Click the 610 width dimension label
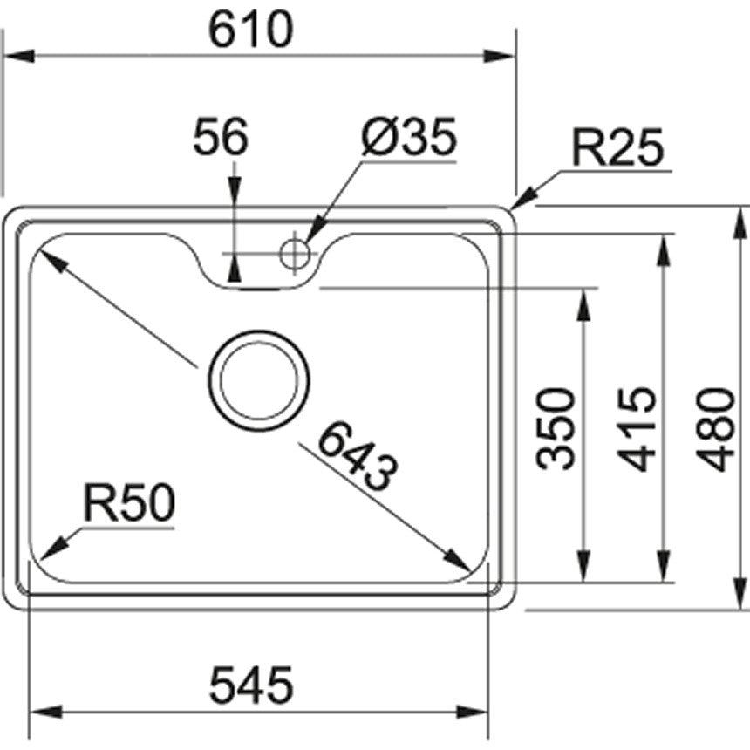250,29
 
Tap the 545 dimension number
250,685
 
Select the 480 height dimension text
715,430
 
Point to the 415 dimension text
636,430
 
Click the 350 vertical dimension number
556,430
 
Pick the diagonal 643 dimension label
358,456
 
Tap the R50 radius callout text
129,502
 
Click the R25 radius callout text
618,147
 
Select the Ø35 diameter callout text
409,136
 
